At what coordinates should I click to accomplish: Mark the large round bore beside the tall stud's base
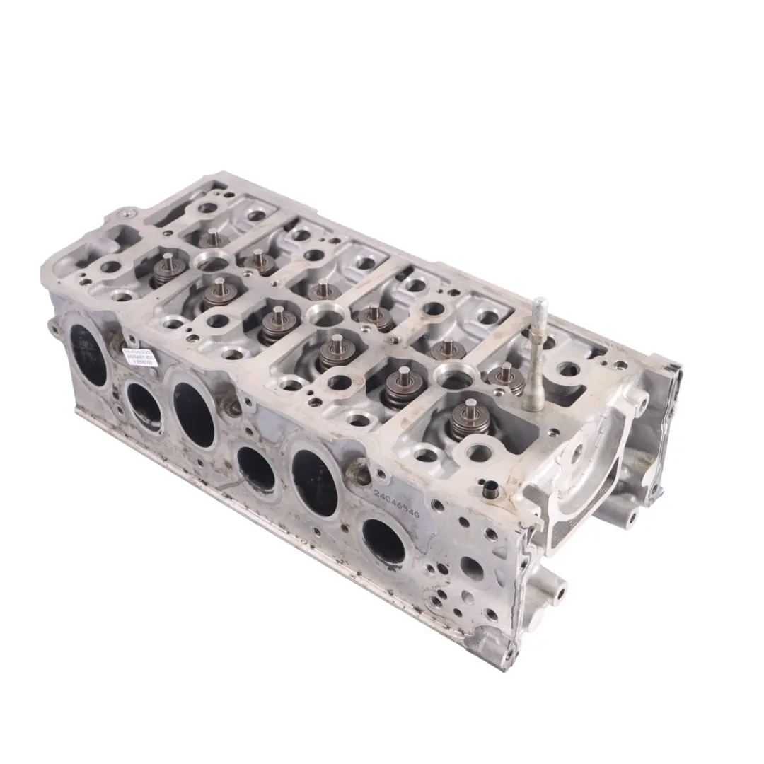(x=450, y=375)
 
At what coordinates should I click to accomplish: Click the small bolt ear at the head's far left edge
(x=55, y=327)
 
